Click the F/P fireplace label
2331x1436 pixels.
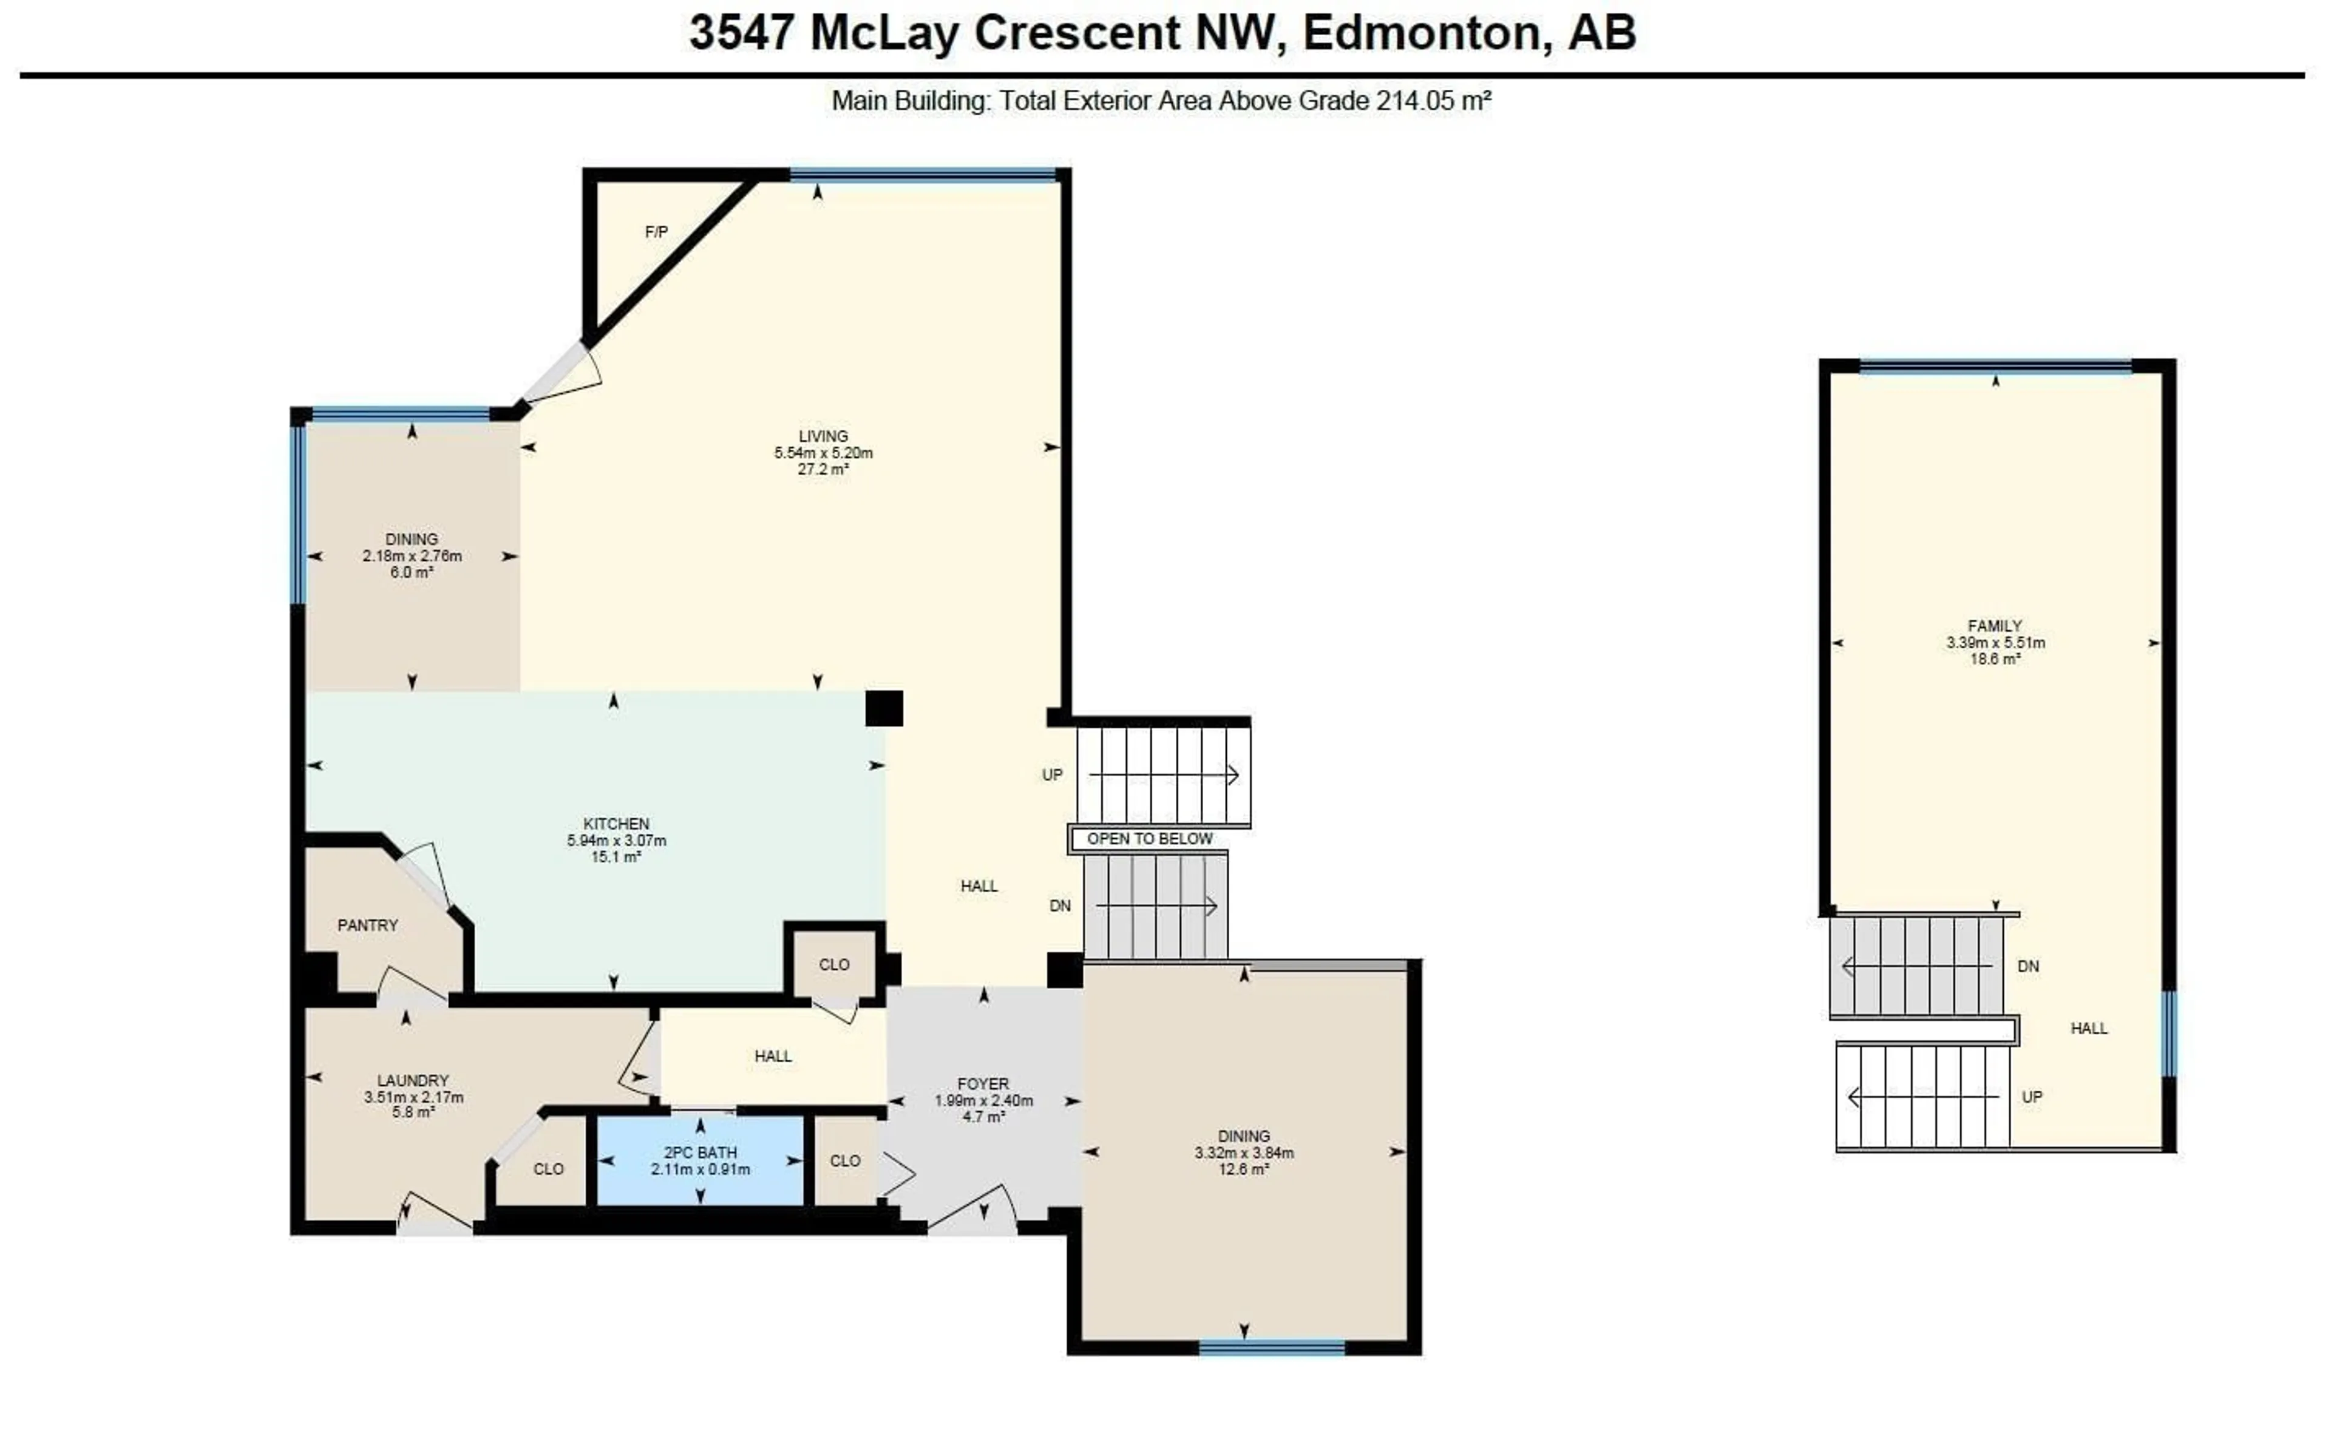pos(656,232)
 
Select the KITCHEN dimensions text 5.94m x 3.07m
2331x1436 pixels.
pos(617,841)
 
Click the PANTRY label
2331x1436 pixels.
pos(368,925)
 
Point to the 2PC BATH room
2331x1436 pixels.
pos(700,1160)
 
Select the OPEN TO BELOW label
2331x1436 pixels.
pos(1149,839)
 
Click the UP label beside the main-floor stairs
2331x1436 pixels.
pos(1051,775)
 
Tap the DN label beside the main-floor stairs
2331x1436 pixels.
pos(1060,906)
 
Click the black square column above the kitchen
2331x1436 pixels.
pos(883,708)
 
